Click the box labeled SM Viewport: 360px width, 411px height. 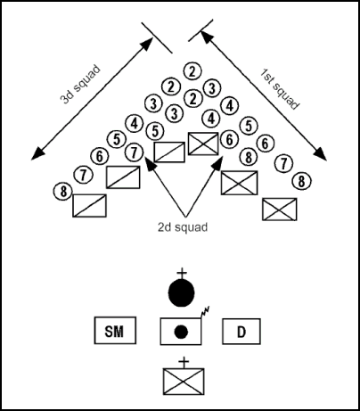114,333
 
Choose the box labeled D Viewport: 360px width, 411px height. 241,333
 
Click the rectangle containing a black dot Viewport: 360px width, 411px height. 181,332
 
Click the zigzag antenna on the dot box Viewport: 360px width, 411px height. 205,312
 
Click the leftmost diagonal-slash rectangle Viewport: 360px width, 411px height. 89,206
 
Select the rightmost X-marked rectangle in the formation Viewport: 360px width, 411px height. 280,209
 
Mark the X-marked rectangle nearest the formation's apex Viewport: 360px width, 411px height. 203,142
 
